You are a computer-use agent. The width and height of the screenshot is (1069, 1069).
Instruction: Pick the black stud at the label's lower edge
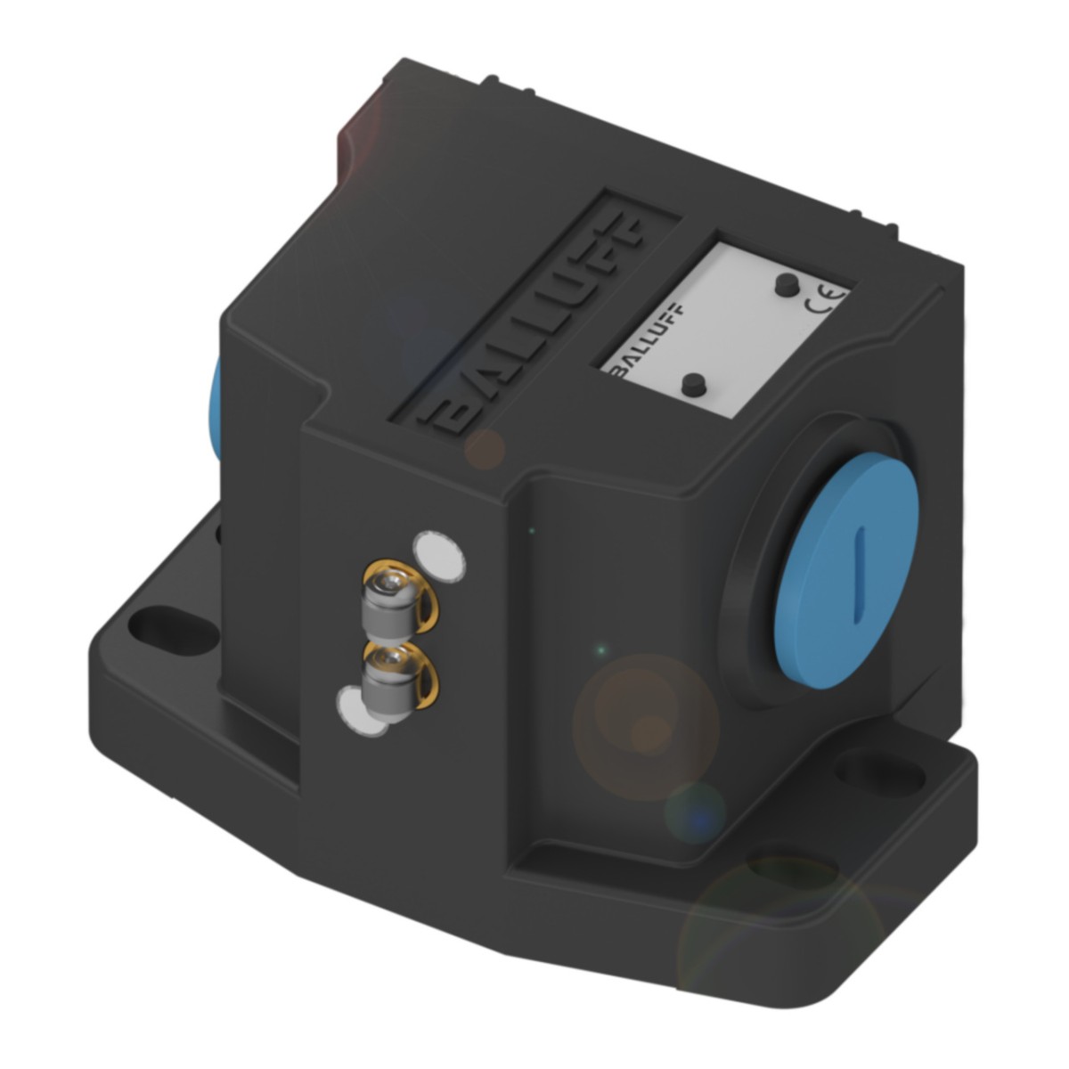pyautogui.click(x=692, y=385)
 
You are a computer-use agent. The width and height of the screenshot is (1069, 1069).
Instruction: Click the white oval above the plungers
pyautogui.click(x=439, y=556)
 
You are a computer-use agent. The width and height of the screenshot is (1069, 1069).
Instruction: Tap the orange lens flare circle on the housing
pyautogui.click(x=646, y=727)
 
